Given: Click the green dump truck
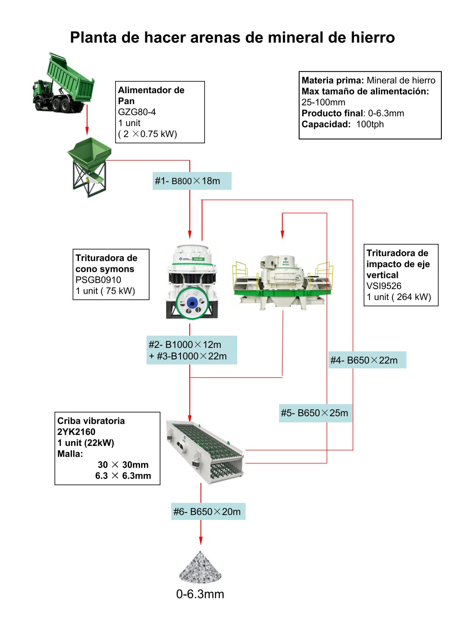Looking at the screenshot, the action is pos(63,83).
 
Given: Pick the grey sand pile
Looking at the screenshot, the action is pos(200,567).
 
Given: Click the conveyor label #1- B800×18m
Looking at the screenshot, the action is pos(192,181).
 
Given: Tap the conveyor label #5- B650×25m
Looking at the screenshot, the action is pos(315,413).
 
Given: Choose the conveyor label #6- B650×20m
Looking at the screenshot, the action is pos(208,512).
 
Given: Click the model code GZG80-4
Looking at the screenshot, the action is pos(137,112).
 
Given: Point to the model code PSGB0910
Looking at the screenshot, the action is pos(99,280).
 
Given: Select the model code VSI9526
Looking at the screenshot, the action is pos(384,286).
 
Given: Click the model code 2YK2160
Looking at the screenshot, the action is pos(76,432).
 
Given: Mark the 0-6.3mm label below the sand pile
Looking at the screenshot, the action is pos(200,594).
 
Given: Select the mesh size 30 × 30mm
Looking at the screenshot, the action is pos(123,465).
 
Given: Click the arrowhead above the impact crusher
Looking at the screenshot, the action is pos(282,234).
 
